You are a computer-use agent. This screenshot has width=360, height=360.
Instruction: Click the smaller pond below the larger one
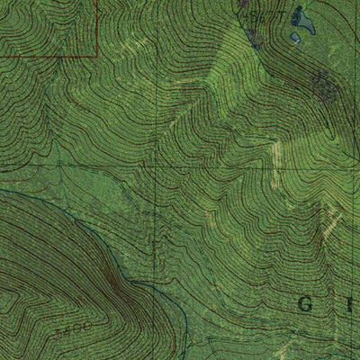(x=295, y=38)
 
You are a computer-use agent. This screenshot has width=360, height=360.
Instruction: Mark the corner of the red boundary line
(x=96, y=56)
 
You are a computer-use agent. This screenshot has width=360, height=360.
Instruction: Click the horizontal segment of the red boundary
(x=45, y=56)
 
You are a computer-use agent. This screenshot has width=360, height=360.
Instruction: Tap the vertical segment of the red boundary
(x=96, y=27)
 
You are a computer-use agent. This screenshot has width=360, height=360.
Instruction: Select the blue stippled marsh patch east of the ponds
(x=323, y=85)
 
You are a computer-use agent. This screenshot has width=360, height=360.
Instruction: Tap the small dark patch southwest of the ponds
(x=253, y=38)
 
